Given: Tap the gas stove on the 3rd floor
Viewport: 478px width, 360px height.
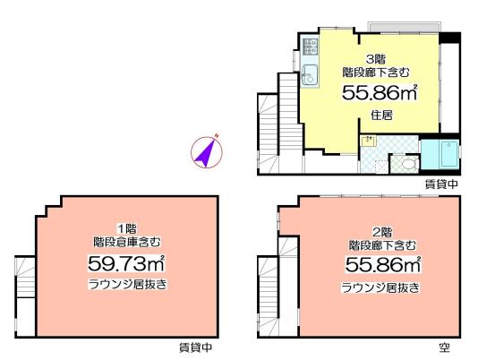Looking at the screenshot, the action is (310, 47).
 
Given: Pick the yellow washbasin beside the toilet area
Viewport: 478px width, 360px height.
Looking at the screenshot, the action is (369, 141).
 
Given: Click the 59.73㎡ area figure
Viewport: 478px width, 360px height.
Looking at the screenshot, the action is (126, 263).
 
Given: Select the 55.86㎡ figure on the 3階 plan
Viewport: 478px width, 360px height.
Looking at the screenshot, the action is (380, 92).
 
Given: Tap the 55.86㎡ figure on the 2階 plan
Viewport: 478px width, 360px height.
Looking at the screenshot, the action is (383, 265).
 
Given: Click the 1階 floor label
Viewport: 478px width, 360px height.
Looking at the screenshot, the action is (127, 227).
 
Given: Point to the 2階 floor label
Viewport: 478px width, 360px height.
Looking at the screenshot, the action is (382, 233).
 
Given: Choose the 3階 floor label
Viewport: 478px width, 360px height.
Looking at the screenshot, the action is (376, 58).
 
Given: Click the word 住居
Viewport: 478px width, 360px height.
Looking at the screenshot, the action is (381, 116).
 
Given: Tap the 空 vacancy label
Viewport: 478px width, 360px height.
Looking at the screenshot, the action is (445, 347).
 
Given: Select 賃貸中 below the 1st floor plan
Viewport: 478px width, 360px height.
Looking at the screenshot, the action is (195, 347).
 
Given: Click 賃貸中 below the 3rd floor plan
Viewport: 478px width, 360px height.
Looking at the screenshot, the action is (441, 184).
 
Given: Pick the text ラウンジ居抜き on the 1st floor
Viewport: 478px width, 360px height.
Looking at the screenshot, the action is (127, 285).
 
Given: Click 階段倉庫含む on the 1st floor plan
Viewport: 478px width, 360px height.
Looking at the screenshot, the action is (127, 242).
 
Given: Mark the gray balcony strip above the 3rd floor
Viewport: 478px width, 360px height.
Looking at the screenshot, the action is (404, 27).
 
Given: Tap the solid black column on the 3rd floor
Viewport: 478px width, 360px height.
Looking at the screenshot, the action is (449, 38).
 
